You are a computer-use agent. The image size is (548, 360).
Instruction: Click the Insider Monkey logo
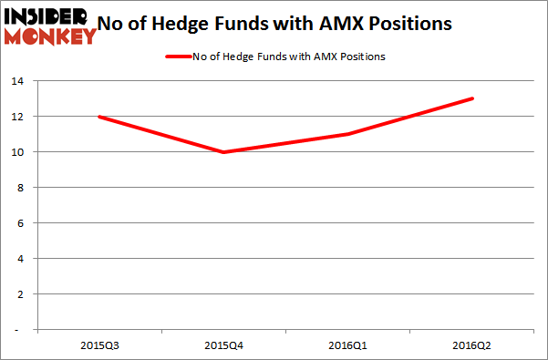pyautogui.click(x=50, y=26)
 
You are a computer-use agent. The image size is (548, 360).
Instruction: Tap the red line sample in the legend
pyautogui.click(x=177, y=57)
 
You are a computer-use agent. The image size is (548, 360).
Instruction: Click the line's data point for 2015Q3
pyautogui.click(x=98, y=117)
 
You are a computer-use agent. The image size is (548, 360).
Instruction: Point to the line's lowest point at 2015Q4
pyautogui.click(x=223, y=152)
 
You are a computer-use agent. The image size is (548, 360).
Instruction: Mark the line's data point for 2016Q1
pyautogui.click(x=348, y=134)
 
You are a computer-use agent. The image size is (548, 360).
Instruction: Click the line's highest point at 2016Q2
pyautogui.click(x=473, y=98)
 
